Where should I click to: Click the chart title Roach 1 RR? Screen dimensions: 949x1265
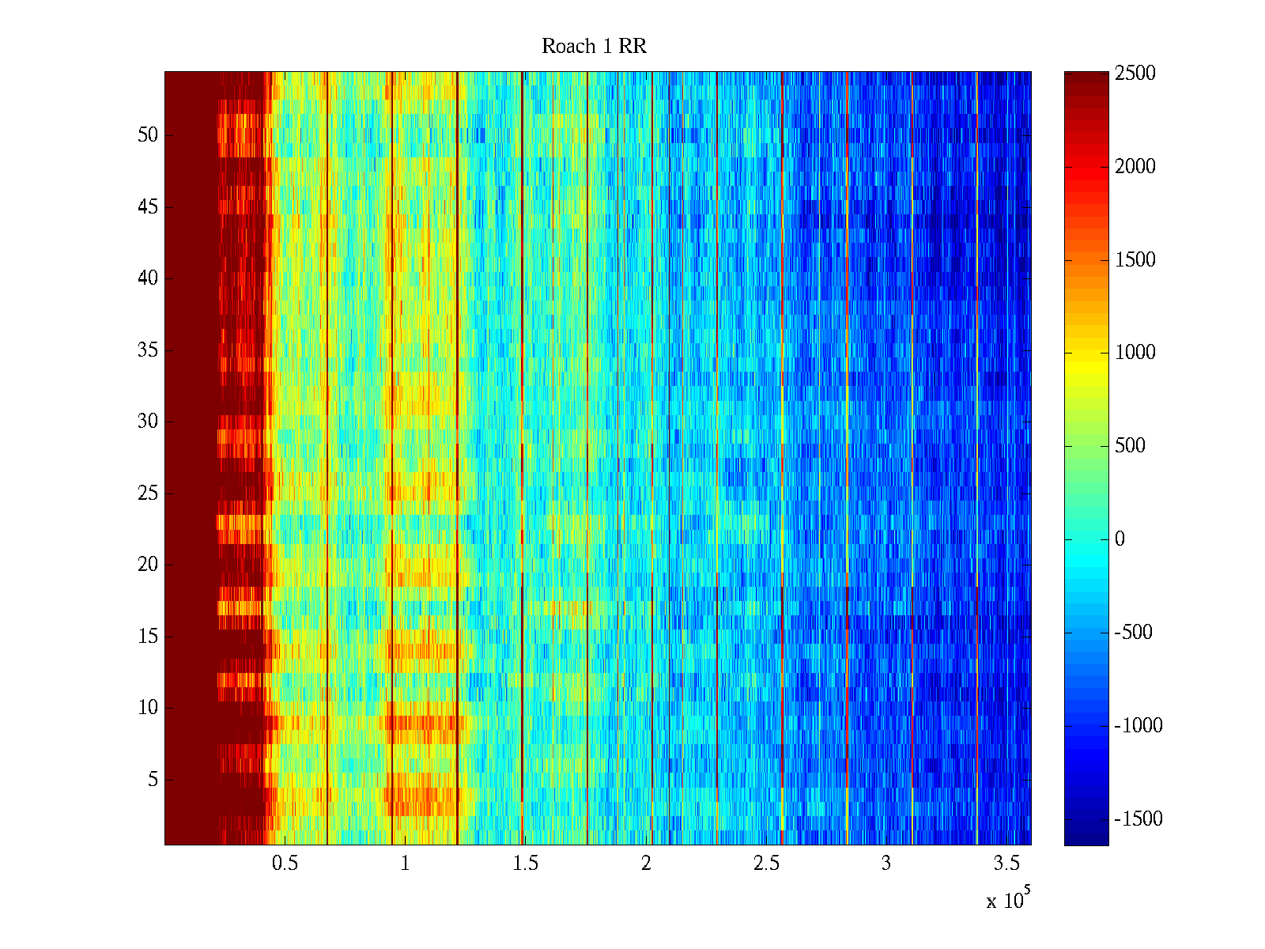pyautogui.click(x=594, y=47)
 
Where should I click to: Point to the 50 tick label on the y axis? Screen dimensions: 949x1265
pyautogui.click(x=148, y=135)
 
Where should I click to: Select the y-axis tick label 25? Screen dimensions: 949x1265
pyautogui.click(x=148, y=493)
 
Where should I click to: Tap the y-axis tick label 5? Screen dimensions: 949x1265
pyautogui.click(x=153, y=780)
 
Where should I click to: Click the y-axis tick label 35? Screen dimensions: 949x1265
pyautogui.click(x=148, y=350)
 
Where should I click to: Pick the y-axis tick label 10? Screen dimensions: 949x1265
pyautogui.click(x=148, y=708)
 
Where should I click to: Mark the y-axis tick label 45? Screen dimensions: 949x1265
pyautogui.click(x=148, y=207)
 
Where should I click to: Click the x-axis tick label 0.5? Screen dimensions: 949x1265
pyautogui.click(x=285, y=864)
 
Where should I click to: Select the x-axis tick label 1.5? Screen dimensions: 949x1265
pyautogui.click(x=525, y=864)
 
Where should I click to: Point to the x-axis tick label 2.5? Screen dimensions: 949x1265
pyautogui.click(x=766, y=864)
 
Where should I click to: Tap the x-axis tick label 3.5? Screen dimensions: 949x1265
pyautogui.click(x=1006, y=864)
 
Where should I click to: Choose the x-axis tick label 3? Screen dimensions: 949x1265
pyautogui.click(x=886, y=864)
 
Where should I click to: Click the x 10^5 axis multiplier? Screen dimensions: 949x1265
pyautogui.click(x=1008, y=900)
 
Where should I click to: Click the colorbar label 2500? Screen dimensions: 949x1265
pyautogui.click(x=1135, y=74)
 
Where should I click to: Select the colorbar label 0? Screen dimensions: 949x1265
pyautogui.click(x=1120, y=539)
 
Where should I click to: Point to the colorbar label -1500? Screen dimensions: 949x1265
pyautogui.click(x=1138, y=819)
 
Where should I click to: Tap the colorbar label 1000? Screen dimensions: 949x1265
pyautogui.click(x=1135, y=353)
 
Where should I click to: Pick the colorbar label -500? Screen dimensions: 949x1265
pyautogui.click(x=1134, y=633)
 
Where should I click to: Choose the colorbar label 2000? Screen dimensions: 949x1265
pyautogui.click(x=1135, y=167)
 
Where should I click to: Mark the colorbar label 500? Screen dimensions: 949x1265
pyautogui.click(x=1131, y=446)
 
